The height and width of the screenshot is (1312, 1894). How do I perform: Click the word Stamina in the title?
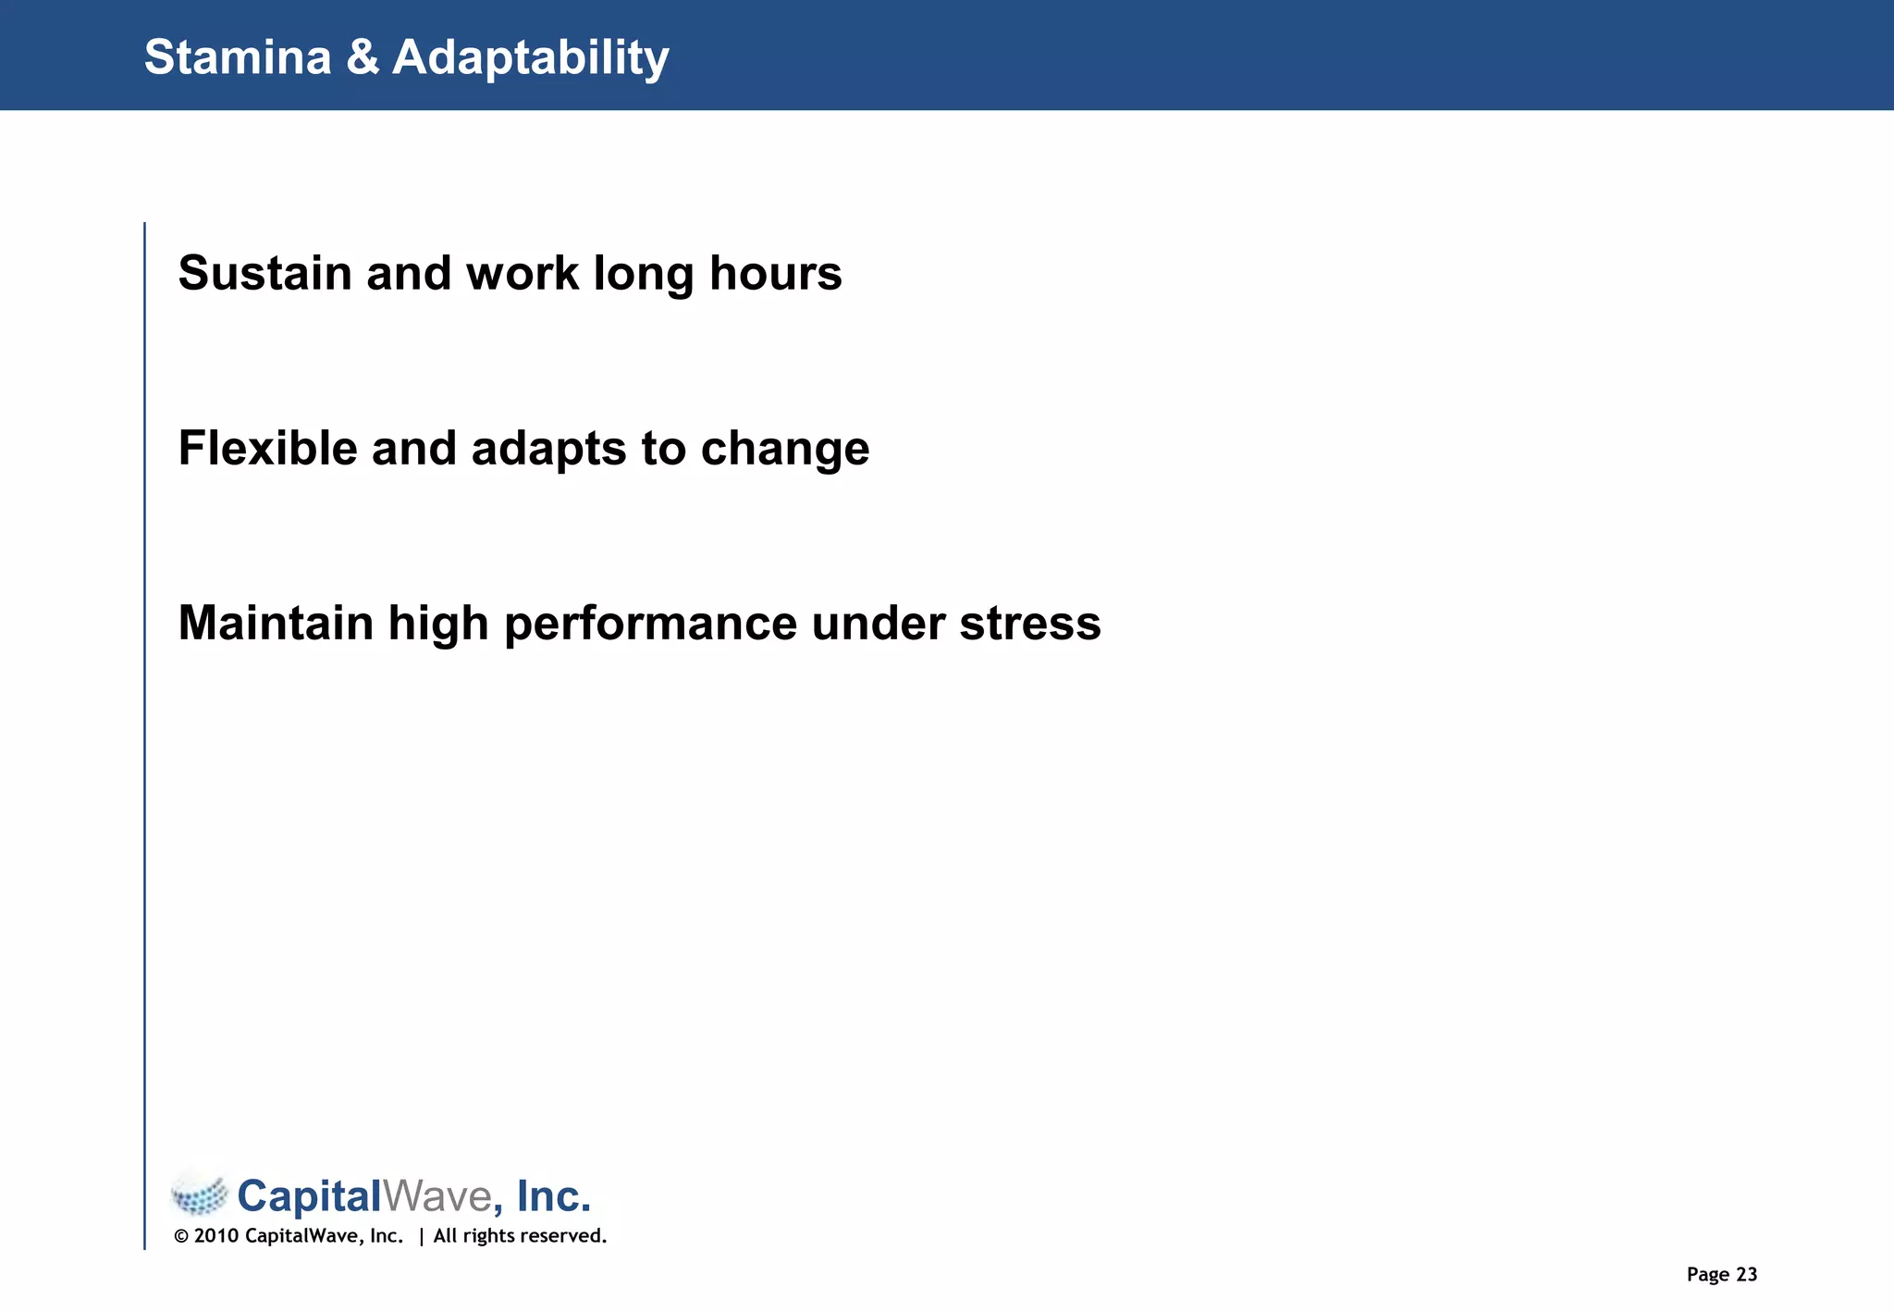[238, 57]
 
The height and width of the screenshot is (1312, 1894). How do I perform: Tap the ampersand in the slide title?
[363, 57]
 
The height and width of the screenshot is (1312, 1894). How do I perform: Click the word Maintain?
[276, 624]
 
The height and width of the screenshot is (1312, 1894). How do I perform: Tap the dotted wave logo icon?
[200, 1194]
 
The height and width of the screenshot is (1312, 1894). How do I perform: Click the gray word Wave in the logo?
[437, 1196]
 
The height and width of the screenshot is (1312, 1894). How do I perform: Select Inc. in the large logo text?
[553, 1196]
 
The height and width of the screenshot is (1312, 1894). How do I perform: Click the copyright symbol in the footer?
[181, 1237]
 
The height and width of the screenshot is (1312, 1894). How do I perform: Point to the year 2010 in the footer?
[216, 1237]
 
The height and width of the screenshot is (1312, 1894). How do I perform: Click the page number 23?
[1746, 1275]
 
